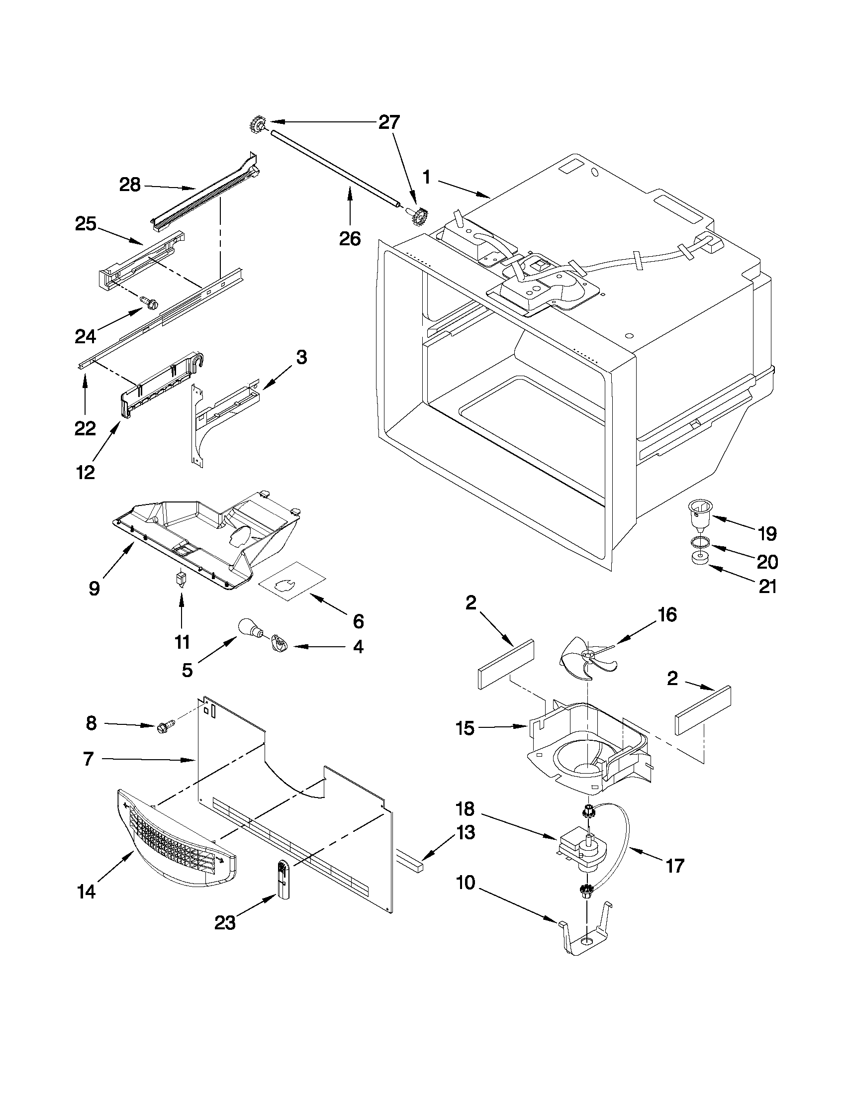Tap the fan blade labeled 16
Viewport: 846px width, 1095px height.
587,658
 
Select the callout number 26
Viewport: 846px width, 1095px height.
350,239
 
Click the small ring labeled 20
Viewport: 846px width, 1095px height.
697,541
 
